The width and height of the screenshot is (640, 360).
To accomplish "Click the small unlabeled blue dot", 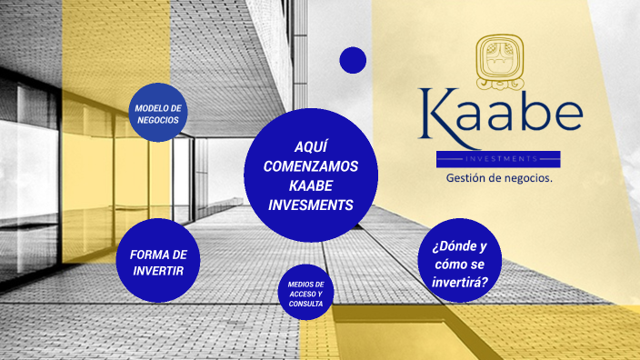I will [x=353, y=60].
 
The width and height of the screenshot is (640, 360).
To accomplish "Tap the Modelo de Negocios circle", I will [x=159, y=113].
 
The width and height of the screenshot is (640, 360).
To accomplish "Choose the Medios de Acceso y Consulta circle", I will [x=305, y=294].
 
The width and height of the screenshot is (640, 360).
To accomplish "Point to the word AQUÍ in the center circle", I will [x=311, y=146].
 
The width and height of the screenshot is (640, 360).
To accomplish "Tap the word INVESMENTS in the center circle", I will [x=311, y=205].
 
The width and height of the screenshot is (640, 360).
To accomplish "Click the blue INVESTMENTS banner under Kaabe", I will [x=498, y=159].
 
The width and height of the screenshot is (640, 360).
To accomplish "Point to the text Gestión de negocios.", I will [x=498, y=178].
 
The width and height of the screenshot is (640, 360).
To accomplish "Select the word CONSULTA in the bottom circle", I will [x=305, y=304].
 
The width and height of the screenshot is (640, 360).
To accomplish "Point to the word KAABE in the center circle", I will [x=311, y=185].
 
